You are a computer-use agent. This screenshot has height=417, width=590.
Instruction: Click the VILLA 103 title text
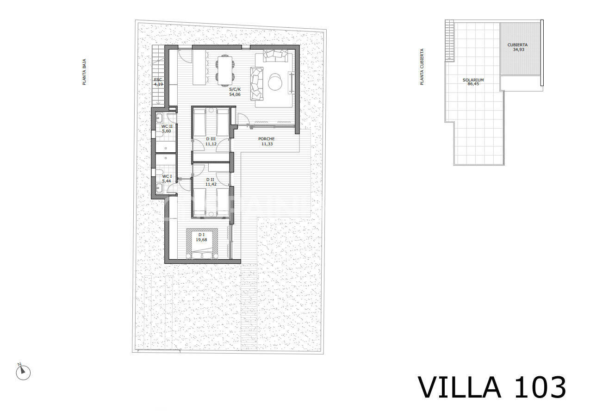492,387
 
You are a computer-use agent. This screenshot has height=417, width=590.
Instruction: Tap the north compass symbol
23,372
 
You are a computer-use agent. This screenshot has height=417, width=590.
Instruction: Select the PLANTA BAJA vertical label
84,72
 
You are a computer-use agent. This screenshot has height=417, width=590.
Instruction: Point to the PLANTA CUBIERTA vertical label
422,67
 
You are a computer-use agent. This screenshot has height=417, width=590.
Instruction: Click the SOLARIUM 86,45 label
473,82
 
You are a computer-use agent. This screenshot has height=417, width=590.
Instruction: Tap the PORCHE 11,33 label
267,141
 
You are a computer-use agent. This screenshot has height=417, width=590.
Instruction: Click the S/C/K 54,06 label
235,92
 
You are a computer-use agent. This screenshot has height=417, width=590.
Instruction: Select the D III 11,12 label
211,142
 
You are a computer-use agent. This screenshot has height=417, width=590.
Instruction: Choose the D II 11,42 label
211,182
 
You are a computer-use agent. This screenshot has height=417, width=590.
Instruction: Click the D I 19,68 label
201,237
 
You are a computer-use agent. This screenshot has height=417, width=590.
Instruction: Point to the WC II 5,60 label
167,129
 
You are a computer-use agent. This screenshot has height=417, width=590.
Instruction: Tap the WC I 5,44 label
167,179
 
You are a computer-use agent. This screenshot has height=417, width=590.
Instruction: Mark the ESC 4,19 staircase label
158,82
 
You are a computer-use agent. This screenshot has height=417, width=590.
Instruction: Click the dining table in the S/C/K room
225,71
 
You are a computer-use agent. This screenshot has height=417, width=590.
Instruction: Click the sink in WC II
159,118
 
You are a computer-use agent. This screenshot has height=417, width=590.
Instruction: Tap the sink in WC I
159,188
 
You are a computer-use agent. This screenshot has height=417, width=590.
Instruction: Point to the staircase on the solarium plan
449,41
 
